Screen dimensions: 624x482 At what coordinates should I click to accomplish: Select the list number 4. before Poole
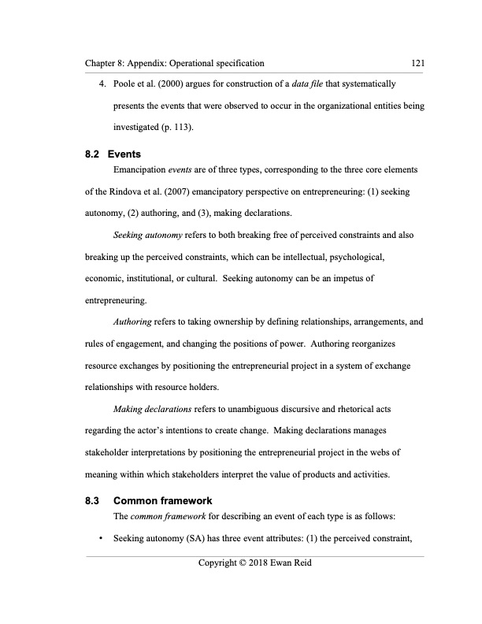point(99,83)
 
